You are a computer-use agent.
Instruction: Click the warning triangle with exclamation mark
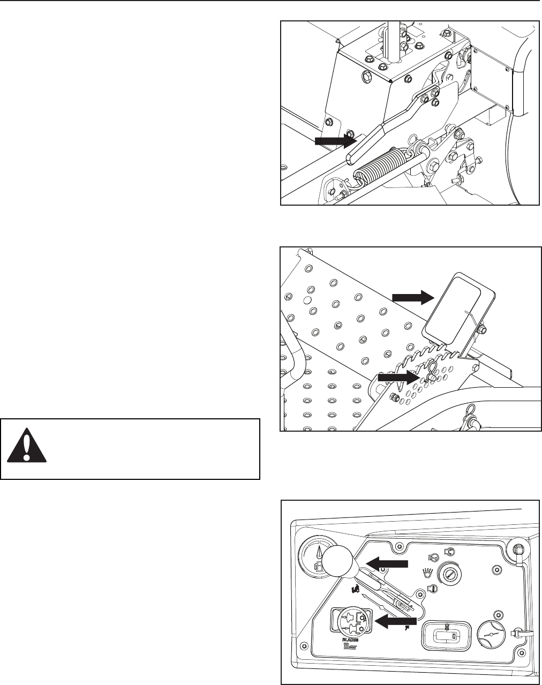(x=26, y=448)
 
